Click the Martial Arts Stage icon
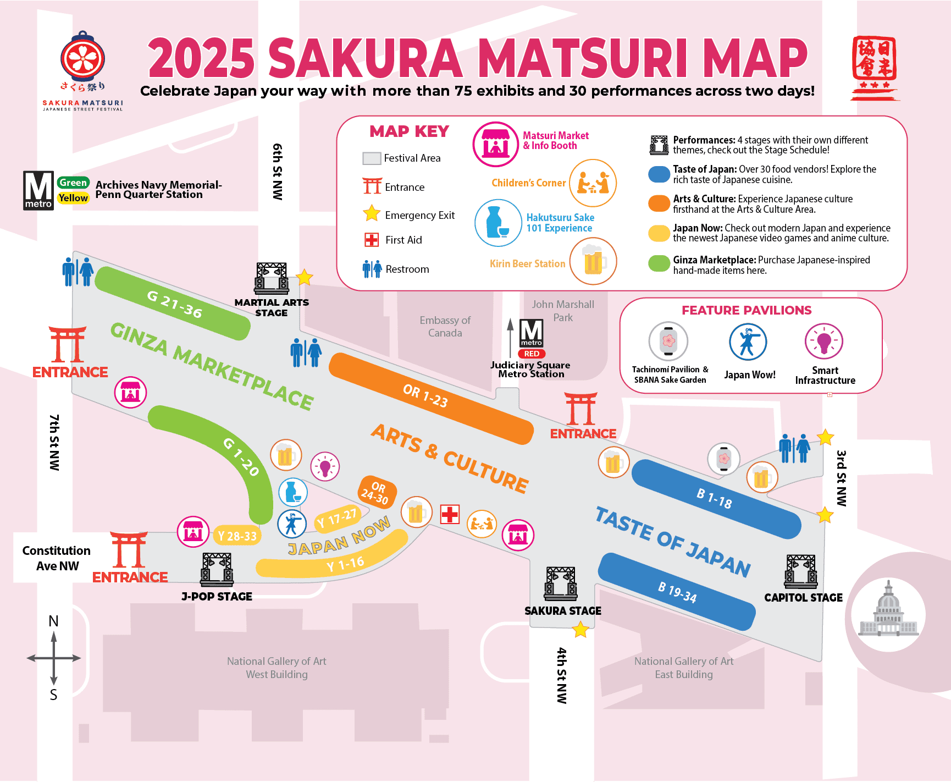pos(272,278)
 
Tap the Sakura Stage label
pos(562,611)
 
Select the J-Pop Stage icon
pos(217,570)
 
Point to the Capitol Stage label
pos(803,598)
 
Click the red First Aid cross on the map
pos(450,515)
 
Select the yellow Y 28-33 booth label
pos(237,536)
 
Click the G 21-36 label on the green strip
pos(175,304)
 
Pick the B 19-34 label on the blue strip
pos(677,592)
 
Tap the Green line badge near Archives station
pos(73,183)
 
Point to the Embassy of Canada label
pos(445,327)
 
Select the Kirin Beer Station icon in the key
pos(593,261)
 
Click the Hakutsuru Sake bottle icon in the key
pos(498,223)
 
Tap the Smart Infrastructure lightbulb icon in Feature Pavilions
pos(823,342)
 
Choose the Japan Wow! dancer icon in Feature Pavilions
pos(748,342)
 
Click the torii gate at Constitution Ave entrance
pos(129,549)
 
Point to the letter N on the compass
pos(53,621)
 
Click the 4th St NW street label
pos(561,675)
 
